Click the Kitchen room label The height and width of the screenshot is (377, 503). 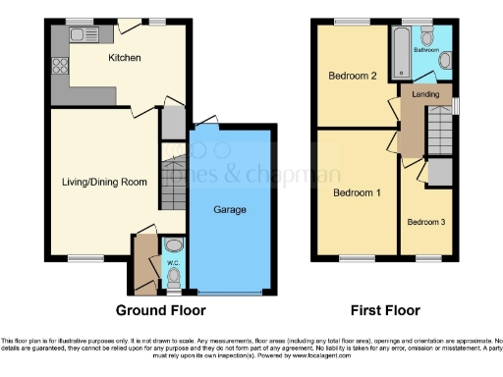tap(125, 58)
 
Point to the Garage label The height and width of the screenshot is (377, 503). tap(230, 210)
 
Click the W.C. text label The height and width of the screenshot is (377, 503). tap(171, 263)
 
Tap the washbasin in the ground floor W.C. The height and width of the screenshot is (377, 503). tap(173, 245)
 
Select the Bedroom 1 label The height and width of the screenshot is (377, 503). tap(356, 192)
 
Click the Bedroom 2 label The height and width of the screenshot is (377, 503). tap(352, 76)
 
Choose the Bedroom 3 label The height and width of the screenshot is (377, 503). tap(426, 222)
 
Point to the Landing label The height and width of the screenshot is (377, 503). tap(425, 94)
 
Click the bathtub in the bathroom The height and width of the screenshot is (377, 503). tap(401, 54)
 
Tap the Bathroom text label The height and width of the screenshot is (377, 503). tap(426, 48)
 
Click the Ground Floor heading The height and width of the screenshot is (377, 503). tap(161, 311)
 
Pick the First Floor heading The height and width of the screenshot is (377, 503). tap(386, 311)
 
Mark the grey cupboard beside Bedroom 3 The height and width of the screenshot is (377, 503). tap(440, 171)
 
